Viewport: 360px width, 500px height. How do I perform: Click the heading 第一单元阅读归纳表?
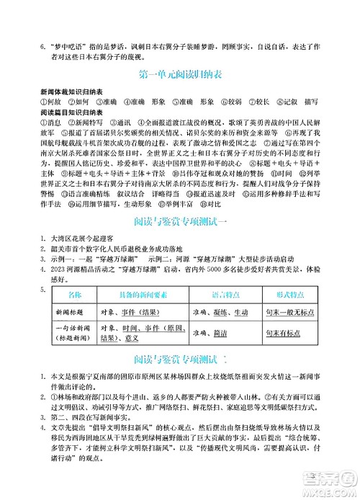[179, 76]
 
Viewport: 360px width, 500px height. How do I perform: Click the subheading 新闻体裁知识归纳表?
[71, 93]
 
